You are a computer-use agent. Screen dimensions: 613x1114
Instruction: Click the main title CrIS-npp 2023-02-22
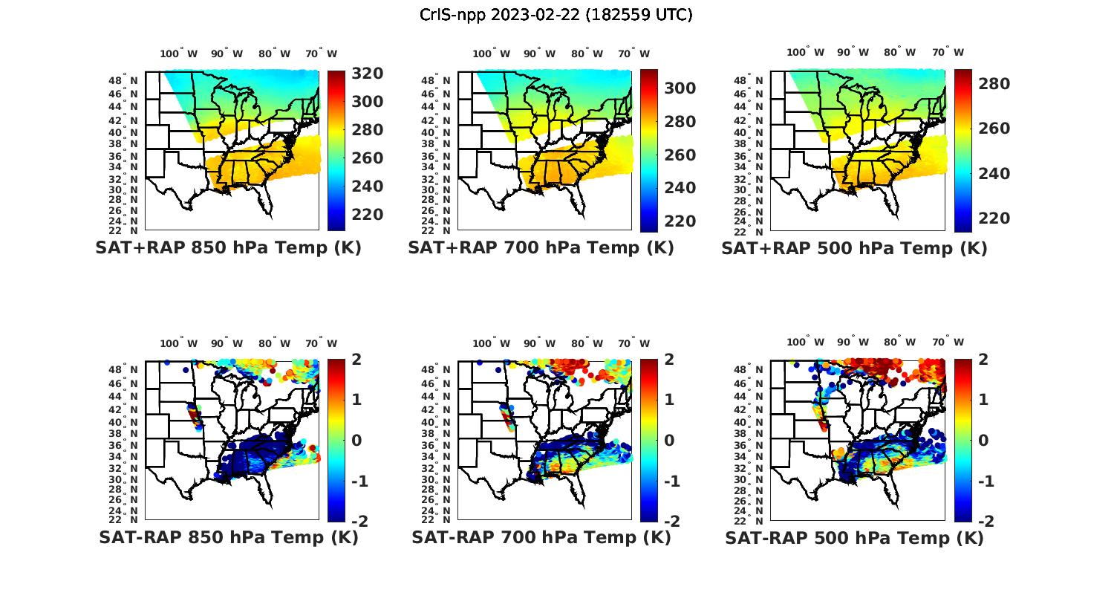556,15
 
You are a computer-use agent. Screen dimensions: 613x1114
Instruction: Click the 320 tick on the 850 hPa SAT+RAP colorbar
368,74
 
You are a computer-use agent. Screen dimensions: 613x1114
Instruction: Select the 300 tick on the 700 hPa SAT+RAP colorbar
680,88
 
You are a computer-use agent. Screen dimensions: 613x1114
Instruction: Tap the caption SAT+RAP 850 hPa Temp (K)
228,248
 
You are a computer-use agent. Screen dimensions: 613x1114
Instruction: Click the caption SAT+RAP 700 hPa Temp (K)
541,248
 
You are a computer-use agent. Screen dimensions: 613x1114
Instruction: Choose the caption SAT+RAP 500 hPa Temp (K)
854,249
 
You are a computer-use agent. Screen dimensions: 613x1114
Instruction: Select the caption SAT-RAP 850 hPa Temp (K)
228,538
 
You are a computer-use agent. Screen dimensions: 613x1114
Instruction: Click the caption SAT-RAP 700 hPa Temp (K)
541,538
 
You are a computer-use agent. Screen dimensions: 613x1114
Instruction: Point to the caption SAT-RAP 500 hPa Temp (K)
854,539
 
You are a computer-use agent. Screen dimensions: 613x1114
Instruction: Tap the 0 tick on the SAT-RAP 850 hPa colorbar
356,441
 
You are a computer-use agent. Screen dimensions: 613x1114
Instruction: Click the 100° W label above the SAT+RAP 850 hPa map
179,53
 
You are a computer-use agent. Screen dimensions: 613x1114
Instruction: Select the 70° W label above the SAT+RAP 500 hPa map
948,52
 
